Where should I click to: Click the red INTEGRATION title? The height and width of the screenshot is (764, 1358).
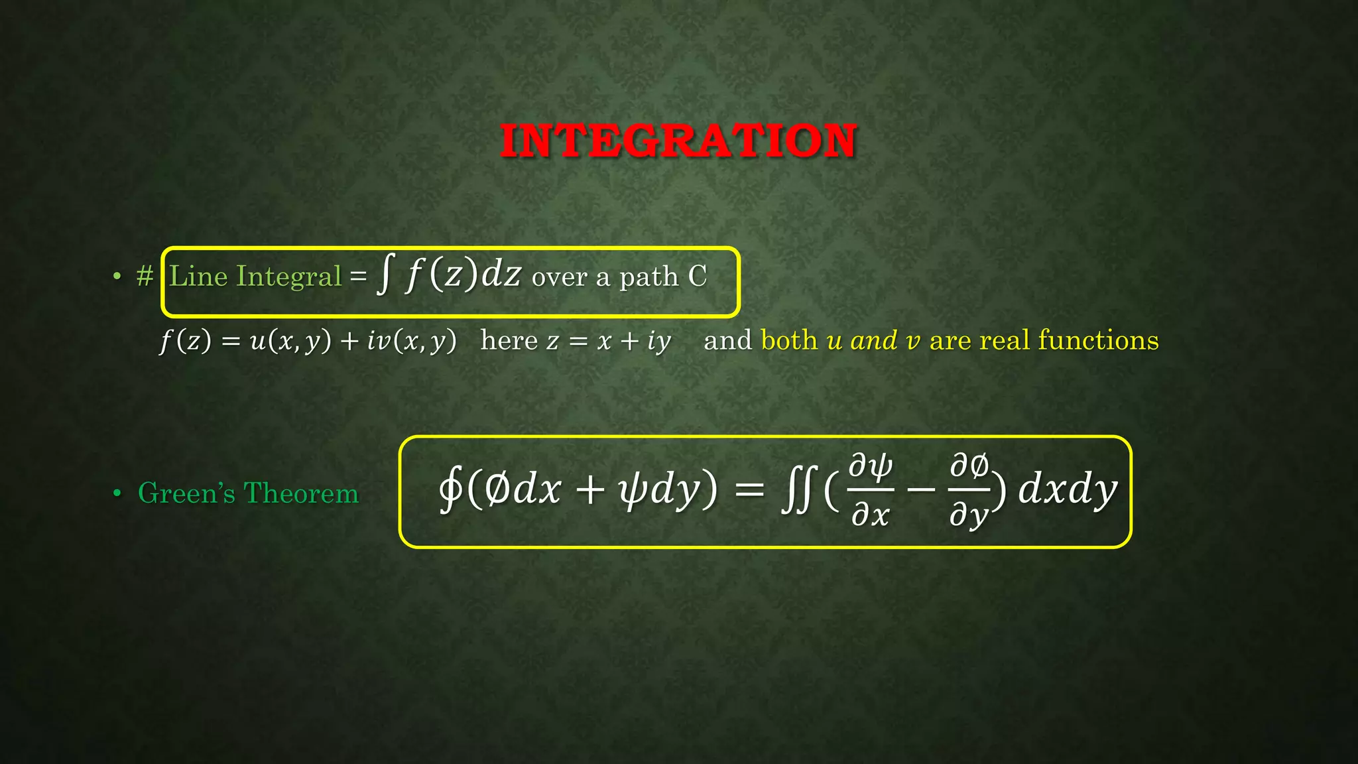point(678,141)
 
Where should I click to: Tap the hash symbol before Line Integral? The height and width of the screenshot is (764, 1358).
point(145,276)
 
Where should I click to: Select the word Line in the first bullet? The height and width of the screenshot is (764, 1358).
point(198,276)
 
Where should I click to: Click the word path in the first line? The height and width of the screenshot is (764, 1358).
point(648,277)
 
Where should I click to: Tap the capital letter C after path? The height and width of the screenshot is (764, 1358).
point(698,276)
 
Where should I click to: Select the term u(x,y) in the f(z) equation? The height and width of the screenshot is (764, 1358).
point(290,341)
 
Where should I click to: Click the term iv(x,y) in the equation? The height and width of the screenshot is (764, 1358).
point(412,341)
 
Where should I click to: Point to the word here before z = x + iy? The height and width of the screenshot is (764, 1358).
point(509,340)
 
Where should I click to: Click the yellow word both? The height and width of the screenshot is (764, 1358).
point(789,340)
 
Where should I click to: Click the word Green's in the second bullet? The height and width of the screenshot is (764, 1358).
point(186,493)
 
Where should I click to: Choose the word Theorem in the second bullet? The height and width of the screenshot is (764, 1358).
point(301,493)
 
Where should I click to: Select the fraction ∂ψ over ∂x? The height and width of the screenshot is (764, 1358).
point(871,491)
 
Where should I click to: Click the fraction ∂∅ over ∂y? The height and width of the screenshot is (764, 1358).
point(969,491)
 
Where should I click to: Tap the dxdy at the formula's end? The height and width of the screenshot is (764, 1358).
point(1068,491)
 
